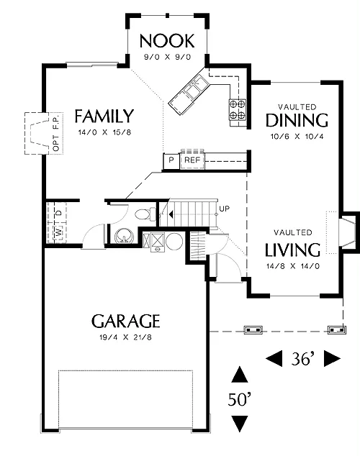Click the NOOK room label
point(167,41)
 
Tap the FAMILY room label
point(104,116)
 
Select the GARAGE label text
point(126,321)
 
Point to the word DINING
point(297,120)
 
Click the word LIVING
point(293,250)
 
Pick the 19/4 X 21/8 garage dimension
point(126,337)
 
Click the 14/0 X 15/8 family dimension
point(105,132)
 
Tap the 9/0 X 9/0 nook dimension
point(167,57)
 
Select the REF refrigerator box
point(192,160)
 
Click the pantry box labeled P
point(171,160)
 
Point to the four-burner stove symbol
point(238,109)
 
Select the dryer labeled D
point(59,213)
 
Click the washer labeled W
point(59,232)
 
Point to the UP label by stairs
point(225,209)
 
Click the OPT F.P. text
point(56,133)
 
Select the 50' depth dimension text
point(240,399)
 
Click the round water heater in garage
point(174,241)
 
